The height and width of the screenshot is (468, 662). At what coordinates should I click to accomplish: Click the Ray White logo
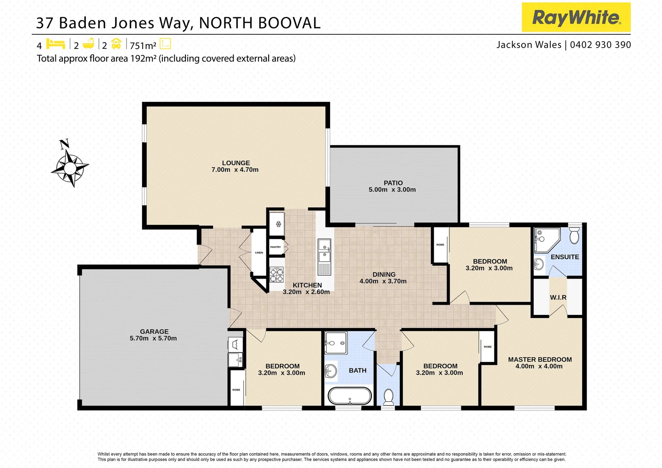point(576,17)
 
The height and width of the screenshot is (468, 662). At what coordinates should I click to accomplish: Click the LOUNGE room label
point(236,163)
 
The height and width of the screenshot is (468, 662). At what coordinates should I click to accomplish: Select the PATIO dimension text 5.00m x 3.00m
point(392,190)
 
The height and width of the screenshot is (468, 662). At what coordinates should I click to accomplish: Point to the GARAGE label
point(154,331)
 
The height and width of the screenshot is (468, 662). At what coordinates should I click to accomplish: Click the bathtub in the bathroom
point(349,396)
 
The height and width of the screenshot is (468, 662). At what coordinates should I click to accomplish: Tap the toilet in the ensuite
point(574,237)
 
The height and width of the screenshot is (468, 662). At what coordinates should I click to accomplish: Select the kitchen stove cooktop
point(277,275)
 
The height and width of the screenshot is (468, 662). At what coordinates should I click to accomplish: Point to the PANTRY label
point(276,247)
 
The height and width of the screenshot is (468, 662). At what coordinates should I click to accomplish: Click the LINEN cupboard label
point(259,253)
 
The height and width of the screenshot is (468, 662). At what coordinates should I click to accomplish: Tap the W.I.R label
point(558,297)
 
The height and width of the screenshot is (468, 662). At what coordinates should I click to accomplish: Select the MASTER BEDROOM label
point(540,359)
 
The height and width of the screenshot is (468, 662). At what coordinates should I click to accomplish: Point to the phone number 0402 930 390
point(600,45)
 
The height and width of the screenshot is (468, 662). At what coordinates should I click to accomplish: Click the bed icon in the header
point(55,44)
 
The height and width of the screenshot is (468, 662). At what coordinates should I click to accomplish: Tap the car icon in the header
point(116,44)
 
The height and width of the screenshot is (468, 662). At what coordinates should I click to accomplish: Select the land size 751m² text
point(143,45)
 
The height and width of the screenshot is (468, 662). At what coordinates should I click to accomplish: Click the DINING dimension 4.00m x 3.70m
point(383,281)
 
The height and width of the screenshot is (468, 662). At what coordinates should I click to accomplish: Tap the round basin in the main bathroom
point(331,371)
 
